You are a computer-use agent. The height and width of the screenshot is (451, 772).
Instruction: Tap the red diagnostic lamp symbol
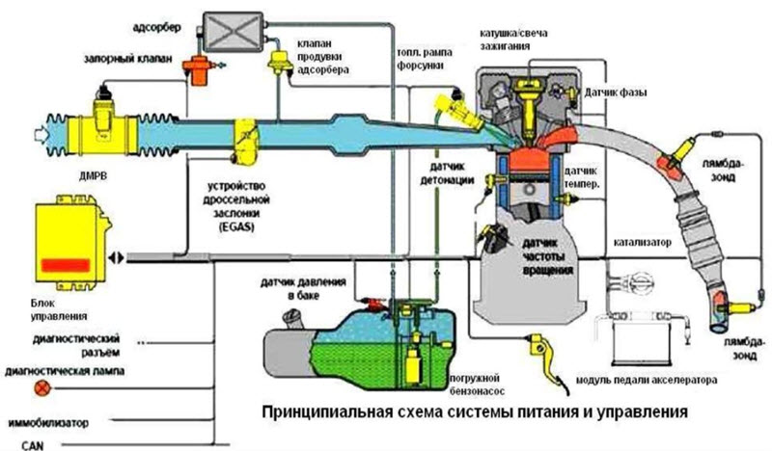[41, 389]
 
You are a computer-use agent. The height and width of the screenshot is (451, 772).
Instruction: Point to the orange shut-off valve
[202, 69]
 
